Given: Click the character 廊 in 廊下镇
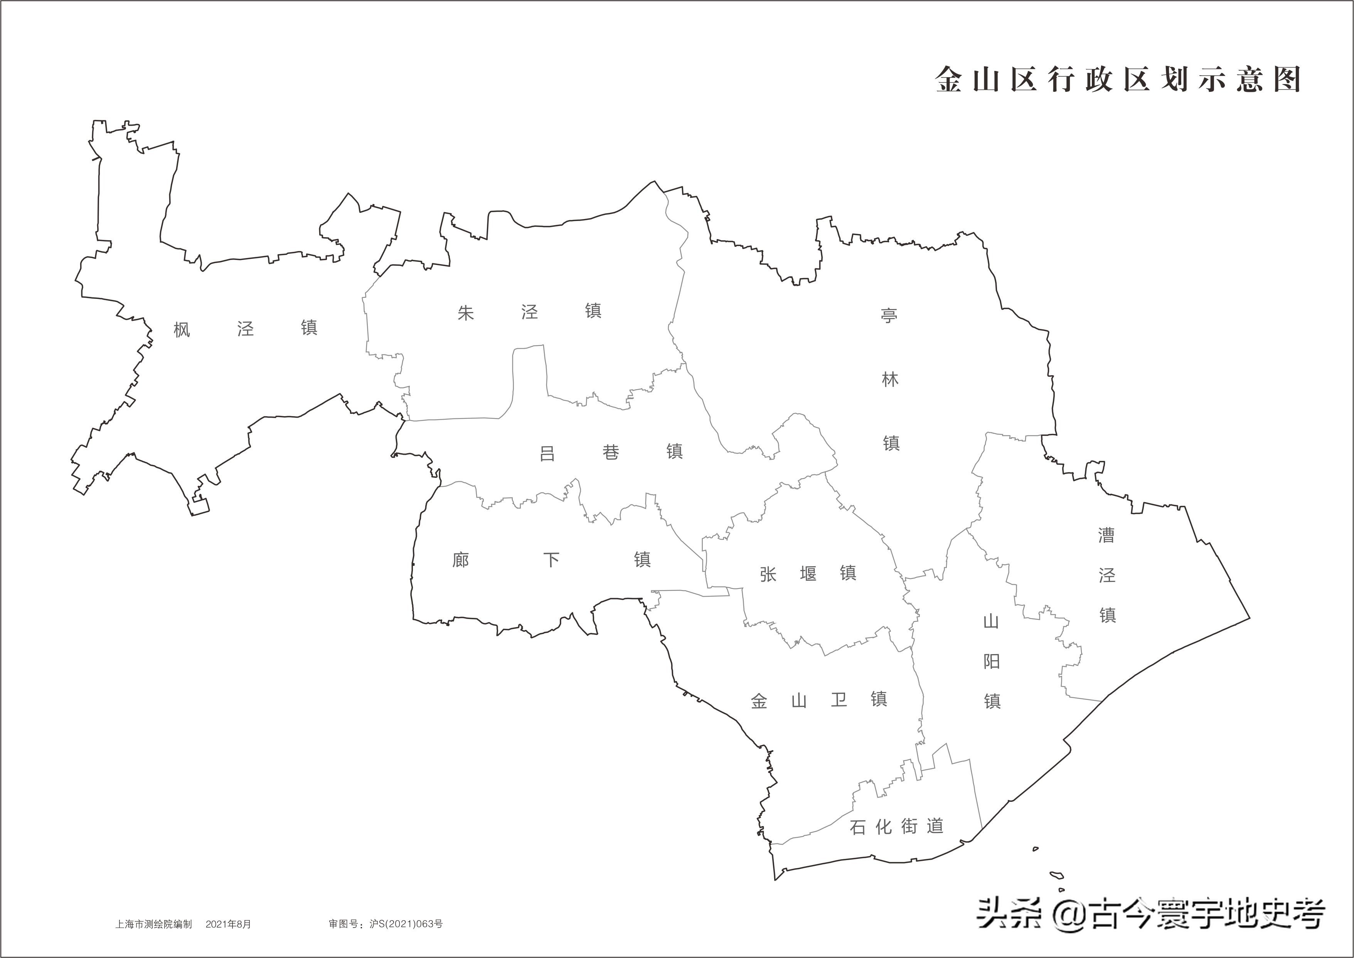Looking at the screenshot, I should (461, 559).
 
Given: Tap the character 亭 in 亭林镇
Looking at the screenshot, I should (889, 315).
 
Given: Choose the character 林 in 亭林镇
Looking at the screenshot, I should (890, 379).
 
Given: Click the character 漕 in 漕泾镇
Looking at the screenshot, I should (1106, 535).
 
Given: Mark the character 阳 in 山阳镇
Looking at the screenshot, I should (991, 661).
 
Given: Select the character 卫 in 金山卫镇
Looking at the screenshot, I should (839, 700).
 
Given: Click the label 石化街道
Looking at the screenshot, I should (896, 826).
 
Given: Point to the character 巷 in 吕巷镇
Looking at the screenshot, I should (611, 452).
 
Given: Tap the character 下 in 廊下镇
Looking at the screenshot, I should (551, 559).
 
